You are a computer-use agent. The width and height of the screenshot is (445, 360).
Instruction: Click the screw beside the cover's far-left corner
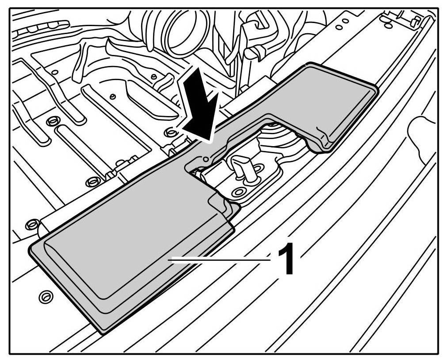32,222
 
